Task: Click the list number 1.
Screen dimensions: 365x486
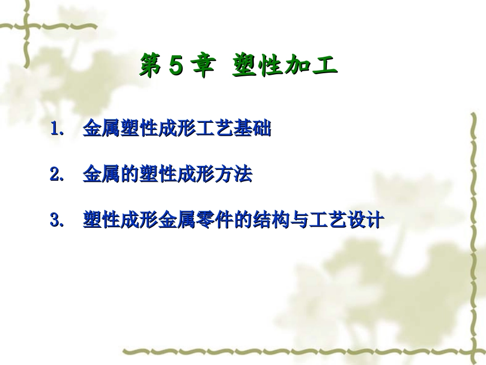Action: [x=56, y=130]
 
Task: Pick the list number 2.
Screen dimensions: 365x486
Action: [x=56, y=175]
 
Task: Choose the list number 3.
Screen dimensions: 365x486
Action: [x=56, y=221]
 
